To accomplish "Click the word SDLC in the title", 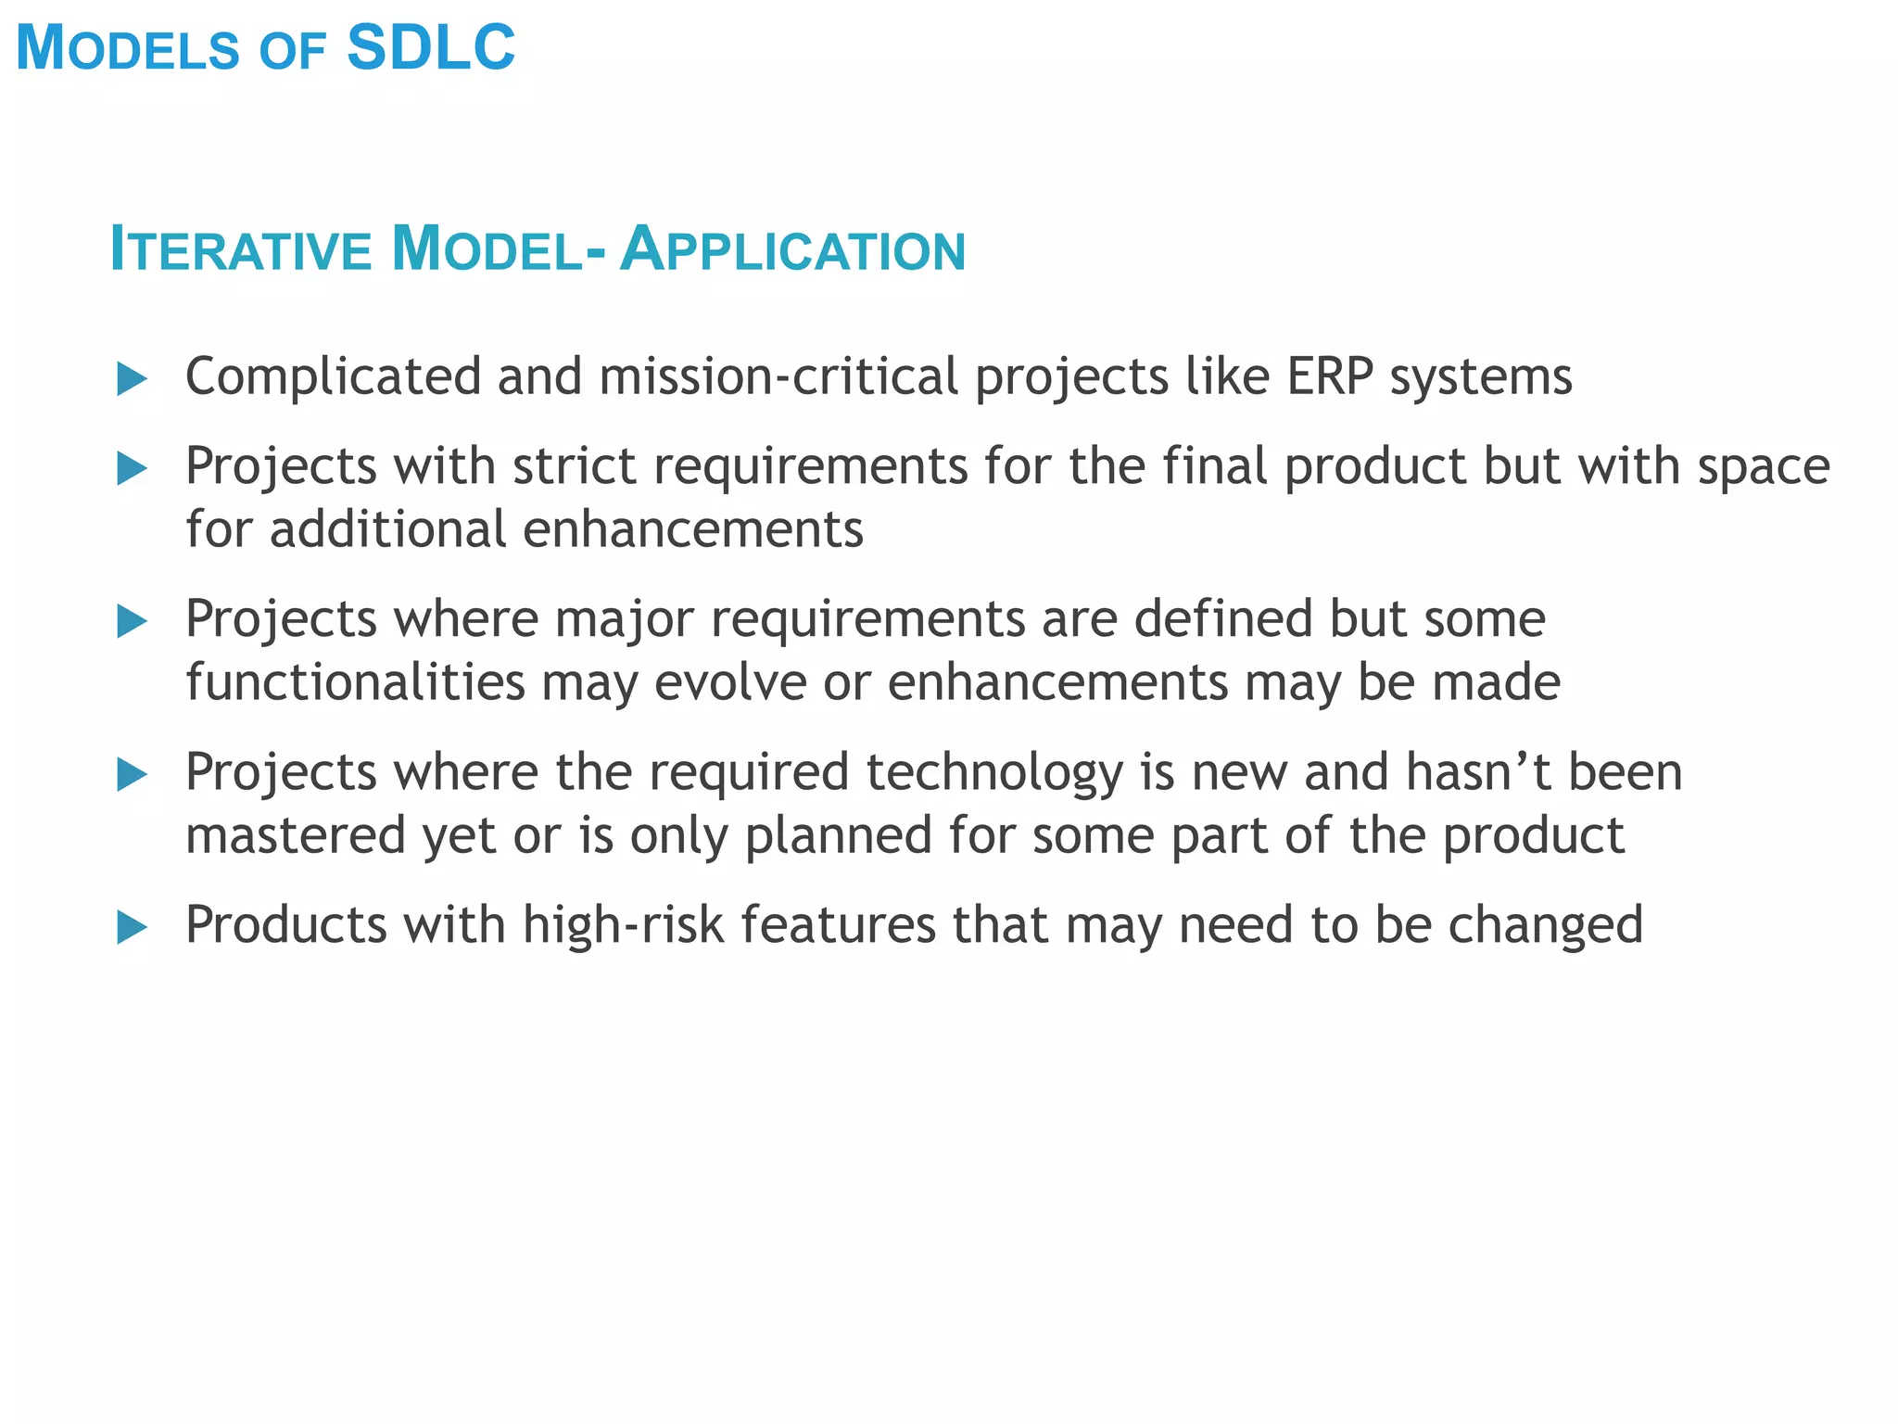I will click(431, 48).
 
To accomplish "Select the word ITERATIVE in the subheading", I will click(240, 250).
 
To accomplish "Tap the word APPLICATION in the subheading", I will click(793, 250).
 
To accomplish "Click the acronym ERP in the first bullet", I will click(1330, 377).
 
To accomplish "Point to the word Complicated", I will click(333, 377).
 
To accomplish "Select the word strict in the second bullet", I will click(574, 465).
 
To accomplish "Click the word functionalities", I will click(356, 683).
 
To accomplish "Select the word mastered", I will click(296, 835).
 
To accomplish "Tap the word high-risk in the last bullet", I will click(623, 925).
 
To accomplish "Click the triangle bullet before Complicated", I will click(133, 379).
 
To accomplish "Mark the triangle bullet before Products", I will click(133, 927).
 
